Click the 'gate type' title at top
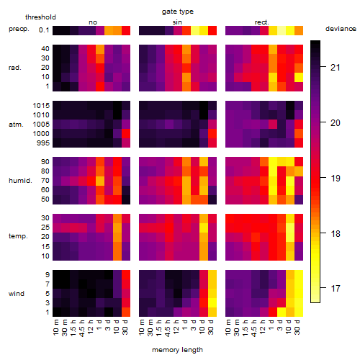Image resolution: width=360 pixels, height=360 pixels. (x=178, y=12)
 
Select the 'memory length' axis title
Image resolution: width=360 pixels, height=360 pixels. (x=178, y=350)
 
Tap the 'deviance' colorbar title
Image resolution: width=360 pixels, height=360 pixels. (x=341, y=29)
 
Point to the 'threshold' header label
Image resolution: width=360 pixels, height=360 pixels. (x=40, y=17)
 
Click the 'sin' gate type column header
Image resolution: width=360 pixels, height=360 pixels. (x=177, y=22)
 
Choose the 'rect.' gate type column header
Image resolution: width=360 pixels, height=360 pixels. (x=262, y=22)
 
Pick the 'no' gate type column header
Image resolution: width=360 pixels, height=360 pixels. (x=93, y=22)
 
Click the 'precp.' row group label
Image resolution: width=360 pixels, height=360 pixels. (x=19, y=29)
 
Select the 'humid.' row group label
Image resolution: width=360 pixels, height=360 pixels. (x=20, y=181)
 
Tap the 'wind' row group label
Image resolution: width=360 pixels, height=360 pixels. (x=17, y=294)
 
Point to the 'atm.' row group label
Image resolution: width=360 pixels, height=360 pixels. (x=16, y=125)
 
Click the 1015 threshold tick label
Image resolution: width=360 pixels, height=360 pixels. (x=41, y=106)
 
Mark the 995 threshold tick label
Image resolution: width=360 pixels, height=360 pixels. (x=43, y=143)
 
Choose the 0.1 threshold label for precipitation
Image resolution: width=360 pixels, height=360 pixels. (x=44, y=30)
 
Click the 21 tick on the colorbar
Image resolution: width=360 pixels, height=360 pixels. (x=336, y=68)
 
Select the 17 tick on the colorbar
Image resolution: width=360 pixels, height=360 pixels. (x=336, y=288)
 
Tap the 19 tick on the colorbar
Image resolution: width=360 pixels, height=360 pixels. (x=336, y=179)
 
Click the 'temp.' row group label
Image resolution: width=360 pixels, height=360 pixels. (x=18, y=236)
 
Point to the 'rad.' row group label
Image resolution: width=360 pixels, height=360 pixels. (x=15, y=68)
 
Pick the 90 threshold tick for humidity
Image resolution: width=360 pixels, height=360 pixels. (x=45, y=162)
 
